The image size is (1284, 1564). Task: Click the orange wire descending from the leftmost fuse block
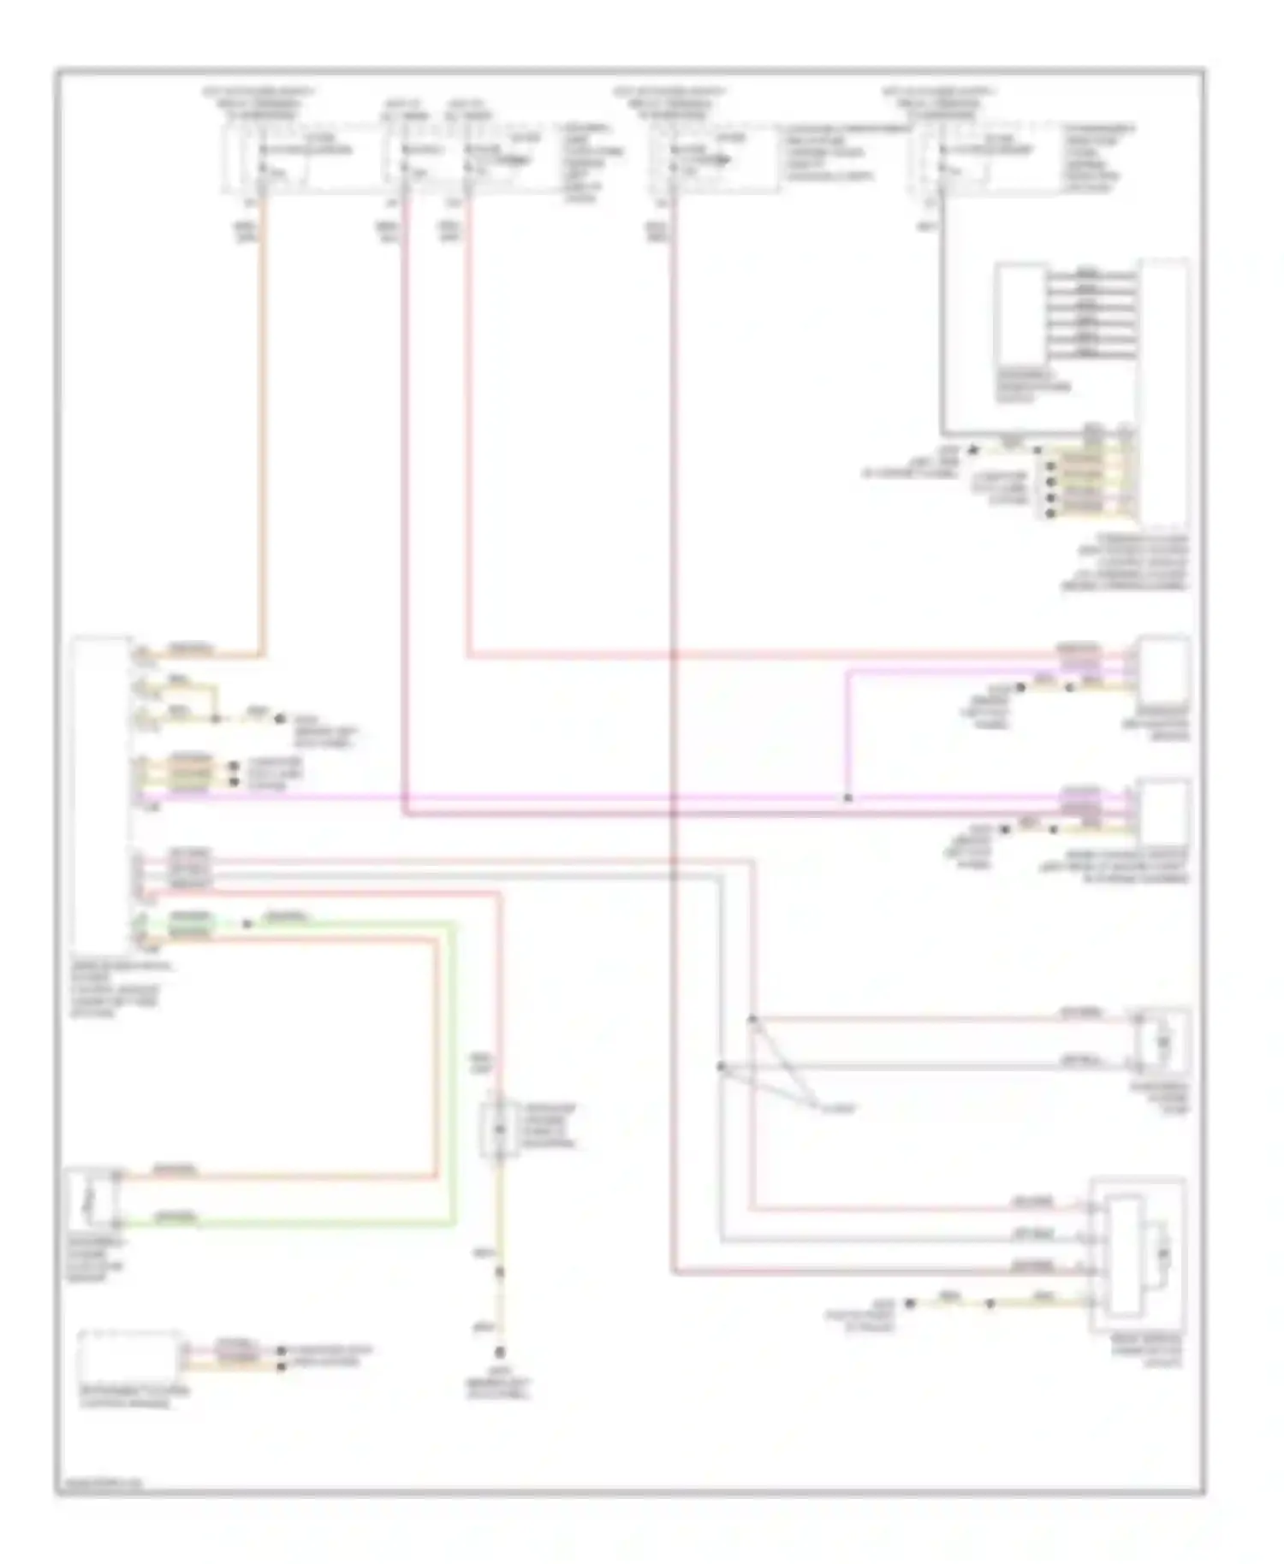[262, 428]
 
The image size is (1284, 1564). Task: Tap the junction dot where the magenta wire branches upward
[847, 798]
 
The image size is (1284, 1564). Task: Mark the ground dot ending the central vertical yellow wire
[500, 1353]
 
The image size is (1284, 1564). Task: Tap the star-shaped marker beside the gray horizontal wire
[972, 448]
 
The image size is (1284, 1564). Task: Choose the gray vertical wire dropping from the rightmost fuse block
[942, 325]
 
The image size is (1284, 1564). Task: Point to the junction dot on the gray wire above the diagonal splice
[721, 1067]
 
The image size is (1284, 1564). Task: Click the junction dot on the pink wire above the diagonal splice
[752, 1019]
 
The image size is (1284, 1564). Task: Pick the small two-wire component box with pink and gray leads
[1162, 1041]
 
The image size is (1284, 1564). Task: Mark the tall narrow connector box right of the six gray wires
[1163, 394]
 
